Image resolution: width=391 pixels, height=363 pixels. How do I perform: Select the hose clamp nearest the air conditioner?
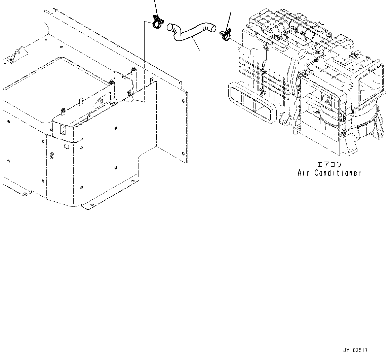[225, 34]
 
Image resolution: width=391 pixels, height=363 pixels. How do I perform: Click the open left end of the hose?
[171, 26]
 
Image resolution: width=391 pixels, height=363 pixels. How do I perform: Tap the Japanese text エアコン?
[329, 165]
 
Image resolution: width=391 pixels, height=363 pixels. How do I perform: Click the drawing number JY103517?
[355, 351]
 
